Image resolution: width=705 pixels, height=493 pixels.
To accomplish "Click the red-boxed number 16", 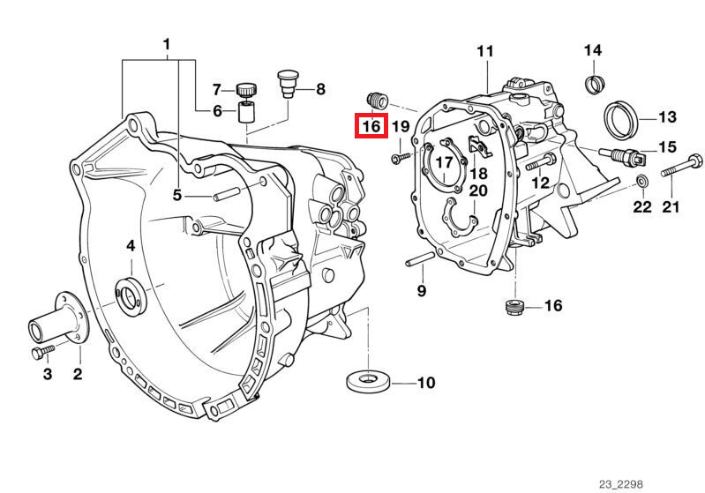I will (371, 127).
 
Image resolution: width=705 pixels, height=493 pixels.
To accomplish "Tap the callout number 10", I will (426, 384).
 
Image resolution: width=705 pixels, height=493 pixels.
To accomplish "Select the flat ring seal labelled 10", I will (367, 382).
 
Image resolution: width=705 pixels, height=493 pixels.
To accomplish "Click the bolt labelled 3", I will (37, 355).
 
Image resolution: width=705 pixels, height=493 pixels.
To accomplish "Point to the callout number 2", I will (77, 375).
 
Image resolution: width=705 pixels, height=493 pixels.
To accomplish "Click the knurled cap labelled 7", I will (245, 88).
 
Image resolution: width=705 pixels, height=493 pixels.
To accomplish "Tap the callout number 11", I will (485, 51).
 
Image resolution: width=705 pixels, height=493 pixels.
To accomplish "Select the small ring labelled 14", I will (595, 85).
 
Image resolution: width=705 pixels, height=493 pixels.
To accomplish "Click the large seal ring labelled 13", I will (619, 116).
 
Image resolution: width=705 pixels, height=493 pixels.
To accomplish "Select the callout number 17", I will (443, 162).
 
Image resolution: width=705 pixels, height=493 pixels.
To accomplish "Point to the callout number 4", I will (130, 246).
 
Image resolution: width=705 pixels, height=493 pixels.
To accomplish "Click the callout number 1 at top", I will (166, 44).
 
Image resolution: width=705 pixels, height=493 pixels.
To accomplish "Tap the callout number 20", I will (477, 190).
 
